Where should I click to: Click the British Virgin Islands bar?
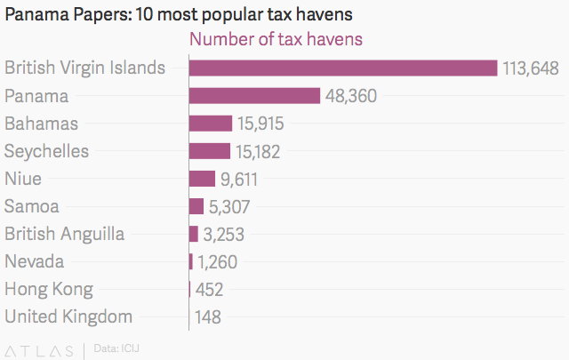point(343,68)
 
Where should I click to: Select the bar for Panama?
point(254,96)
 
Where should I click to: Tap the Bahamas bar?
point(211,124)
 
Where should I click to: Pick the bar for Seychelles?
point(210,151)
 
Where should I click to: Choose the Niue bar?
point(203,179)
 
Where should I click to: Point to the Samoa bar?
point(196,206)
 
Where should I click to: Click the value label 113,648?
point(530,68)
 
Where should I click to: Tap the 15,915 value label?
point(261,124)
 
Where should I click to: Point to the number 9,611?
point(239,179)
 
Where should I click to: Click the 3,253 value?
point(224,235)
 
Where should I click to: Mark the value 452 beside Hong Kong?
point(209,290)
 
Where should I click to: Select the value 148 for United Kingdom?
point(207,316)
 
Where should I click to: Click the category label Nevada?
point(35,261)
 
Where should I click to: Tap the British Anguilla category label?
point(65,234)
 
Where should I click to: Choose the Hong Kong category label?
point(49,289)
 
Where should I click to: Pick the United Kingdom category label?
point(68,316)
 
